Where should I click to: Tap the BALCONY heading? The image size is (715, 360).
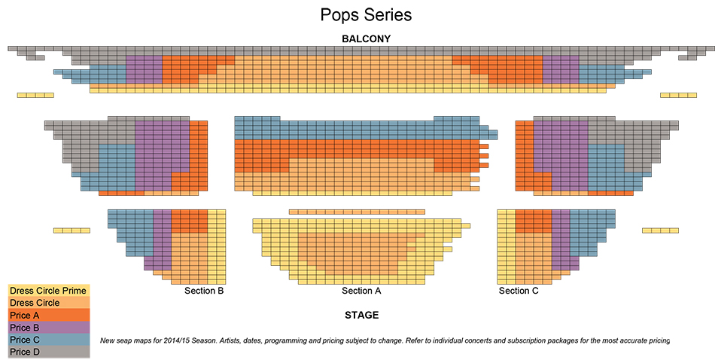pyautogui.click(x=366, y=38)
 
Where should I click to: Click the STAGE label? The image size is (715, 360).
pyautogui.click(x=362, y=315)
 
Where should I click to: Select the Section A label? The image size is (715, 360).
pyautogui.click(x=361, y=291)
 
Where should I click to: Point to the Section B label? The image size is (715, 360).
pyautogui.click(x=204, y=291)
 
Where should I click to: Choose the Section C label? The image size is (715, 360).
pyautogui.click(x=519, y=291)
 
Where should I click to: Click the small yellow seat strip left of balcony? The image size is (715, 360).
pyautogui.click(x=35, y=95)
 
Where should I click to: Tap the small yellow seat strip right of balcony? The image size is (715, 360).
pyautogui.click(x=679, y=95)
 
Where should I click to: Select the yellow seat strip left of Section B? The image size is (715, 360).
pyautogui.click(x=72, y=230)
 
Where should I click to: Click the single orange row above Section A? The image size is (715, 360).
pyautogui.click(x=357, y=212)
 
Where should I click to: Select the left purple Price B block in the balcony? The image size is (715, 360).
pyautogui.click(x=144, y=69)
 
